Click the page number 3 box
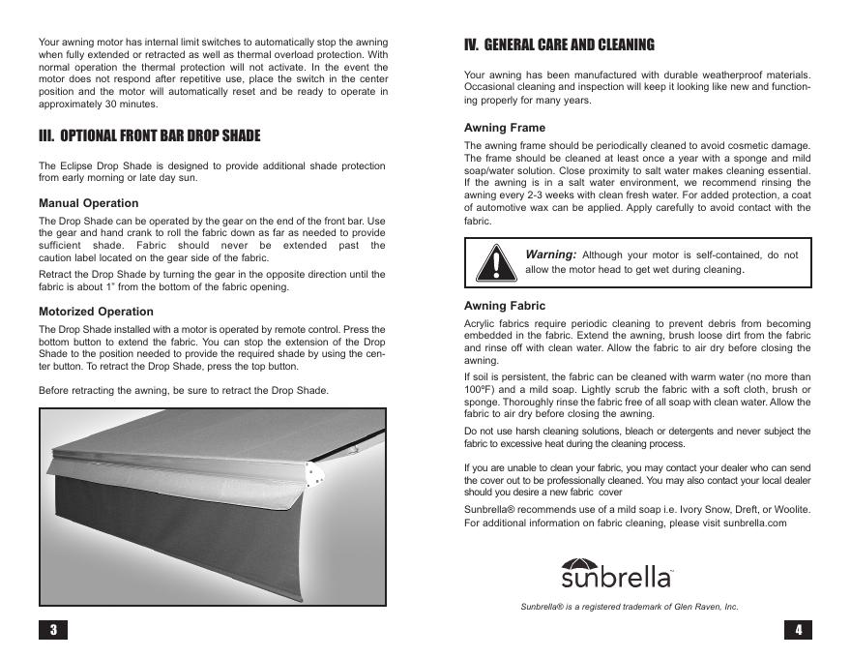click(x=53, y=630)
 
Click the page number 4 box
click(x=798, y=630)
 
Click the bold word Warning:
click(x=550, y=254)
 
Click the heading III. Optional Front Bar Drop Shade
click(x=149, y=135)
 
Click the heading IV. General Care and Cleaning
click(x=559, y=45)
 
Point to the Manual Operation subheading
click(x=88, y=203)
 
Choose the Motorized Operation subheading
click(x=96, y=312)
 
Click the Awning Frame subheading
click(x=505, y=128)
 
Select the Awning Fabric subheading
click(x=505, y=306)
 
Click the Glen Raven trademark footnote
click(x=630, y=607)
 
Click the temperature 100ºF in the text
click(x=480, y=389)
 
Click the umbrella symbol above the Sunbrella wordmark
click(x=581, y=565)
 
